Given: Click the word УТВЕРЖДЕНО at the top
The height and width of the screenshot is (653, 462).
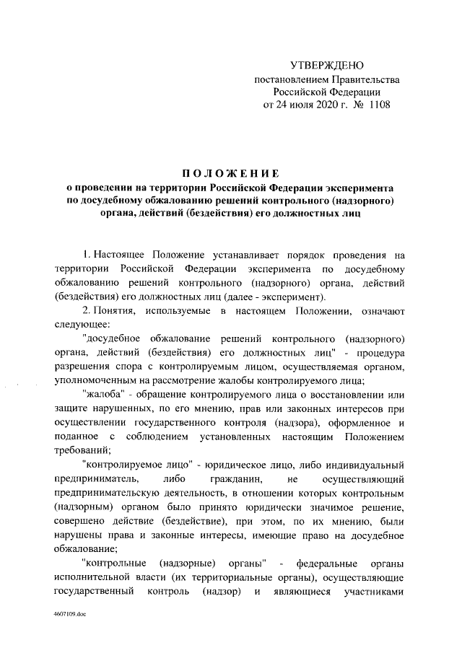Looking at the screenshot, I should tap(321, 66).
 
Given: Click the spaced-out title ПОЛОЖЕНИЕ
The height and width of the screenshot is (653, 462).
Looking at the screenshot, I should tap(230, 173).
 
